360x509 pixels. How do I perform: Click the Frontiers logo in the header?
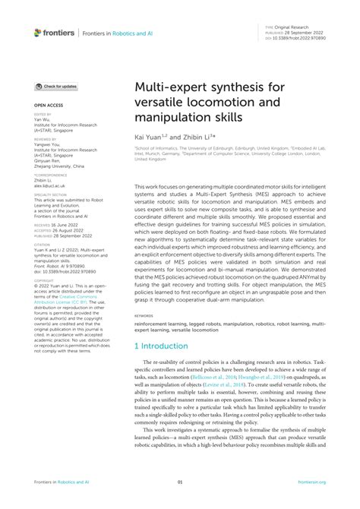pos(54,33)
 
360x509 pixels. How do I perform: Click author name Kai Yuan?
pos(150,137)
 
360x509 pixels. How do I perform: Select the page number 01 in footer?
pos(180,482)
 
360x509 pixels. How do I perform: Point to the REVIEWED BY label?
pos(45,140)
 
